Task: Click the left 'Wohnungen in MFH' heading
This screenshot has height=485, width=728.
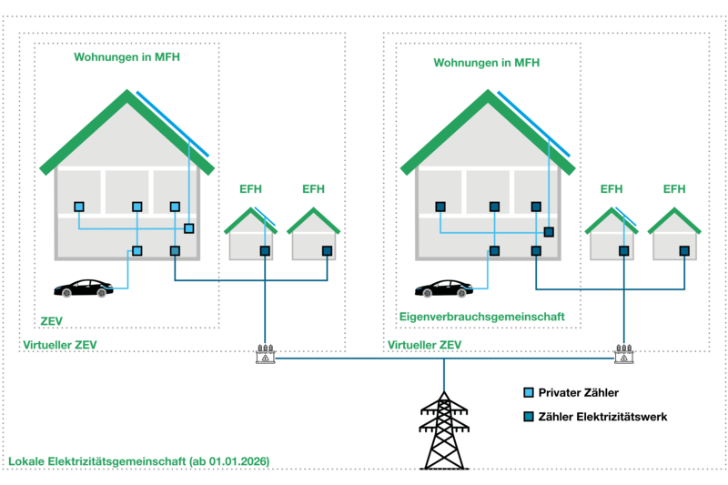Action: pyautogui.click(x=126, y=56)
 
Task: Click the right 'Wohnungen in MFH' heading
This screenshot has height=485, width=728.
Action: pyautogui.click(x=486, y=63)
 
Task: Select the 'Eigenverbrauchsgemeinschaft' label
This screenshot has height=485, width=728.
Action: pyautogui.click(x=481, y=317)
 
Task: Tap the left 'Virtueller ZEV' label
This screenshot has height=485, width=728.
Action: pyautogui.click(x=60, y=345)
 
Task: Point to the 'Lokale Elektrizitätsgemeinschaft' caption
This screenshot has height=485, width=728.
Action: pyautogui.click(x=139, y=461)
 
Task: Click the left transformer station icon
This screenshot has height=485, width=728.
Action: pyautogui.click(x=265, y=353)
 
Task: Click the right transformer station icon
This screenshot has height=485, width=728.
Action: pyautogui.click(x=623, y=353)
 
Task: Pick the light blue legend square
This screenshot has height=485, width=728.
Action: pyautogui.click(x=529, y=392)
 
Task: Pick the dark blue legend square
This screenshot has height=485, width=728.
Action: pyautogui.click(x=529, y=416)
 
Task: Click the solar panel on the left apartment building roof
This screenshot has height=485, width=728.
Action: pyautogui.click(x=173, y=123)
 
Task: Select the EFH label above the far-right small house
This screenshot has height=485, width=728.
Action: pyautogui.click(x=674, y=189)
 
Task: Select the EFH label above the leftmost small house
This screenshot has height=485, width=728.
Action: pyautogui.click(x=250, y=189)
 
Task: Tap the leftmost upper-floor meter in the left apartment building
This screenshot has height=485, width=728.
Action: pyautogui.click(x=79, y=207)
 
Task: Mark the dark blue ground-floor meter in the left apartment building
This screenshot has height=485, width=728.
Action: pyautogui.click(x=175, y=250)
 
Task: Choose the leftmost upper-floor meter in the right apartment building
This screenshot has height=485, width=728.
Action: pyautogui.click(x=440, y=207)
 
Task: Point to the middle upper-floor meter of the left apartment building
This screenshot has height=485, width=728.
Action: pyautogui.click(x=137, y=207)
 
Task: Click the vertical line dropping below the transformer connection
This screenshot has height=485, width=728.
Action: pyautogui.click(x=444, y=375)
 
